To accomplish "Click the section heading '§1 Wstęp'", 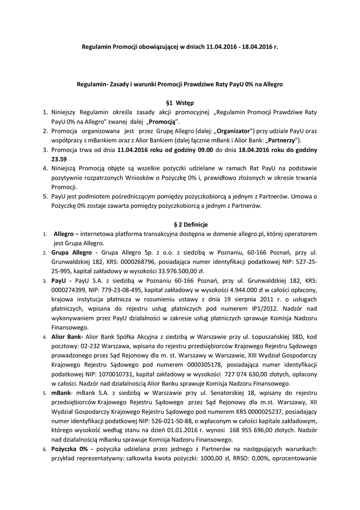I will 180,102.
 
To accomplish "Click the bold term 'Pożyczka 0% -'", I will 72,449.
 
